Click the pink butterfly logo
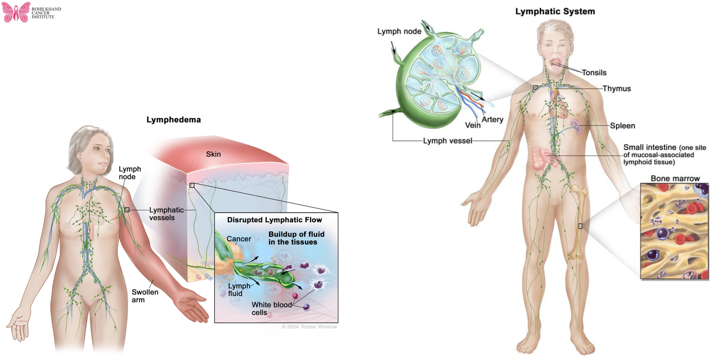(16, 12)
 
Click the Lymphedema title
(174, 120)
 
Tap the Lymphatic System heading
(555, 12)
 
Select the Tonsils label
(594, 73)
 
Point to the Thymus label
(616, 89)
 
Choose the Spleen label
(622, 126)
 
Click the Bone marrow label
(675, 179)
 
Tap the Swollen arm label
(144, 296)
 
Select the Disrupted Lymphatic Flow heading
(274, 220)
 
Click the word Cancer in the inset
(238, 239)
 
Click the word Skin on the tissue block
(213, 154)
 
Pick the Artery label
(492, 120)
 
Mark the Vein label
(472, 126)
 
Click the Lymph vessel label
(447, 141)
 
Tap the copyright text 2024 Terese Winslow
(309, 327)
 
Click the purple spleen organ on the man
(576, 126)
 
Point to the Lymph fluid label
(238, 290)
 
